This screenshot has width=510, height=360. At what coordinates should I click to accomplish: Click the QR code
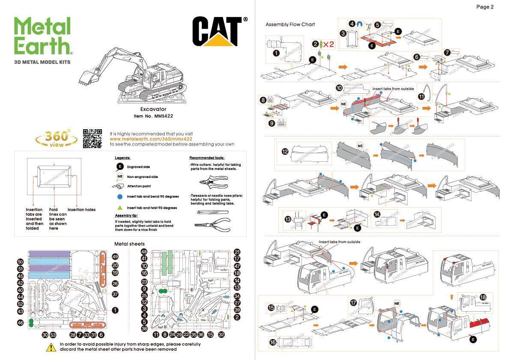pos(92,138)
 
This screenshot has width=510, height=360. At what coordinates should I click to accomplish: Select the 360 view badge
pos(57,138)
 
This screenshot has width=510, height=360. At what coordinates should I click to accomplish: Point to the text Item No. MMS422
pos(153,116)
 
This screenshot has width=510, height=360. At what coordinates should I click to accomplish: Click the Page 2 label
pos(485,7)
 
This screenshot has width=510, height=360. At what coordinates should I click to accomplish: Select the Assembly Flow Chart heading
pos(290,24)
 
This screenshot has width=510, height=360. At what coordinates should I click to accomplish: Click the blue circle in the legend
pos(120,197)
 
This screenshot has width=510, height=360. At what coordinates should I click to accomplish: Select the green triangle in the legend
pos(120,208)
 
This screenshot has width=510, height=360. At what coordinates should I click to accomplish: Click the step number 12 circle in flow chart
pos(285,152)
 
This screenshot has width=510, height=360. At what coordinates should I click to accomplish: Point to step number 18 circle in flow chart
pos(483,297)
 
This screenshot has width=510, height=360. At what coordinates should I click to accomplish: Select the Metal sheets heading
pos(129,244)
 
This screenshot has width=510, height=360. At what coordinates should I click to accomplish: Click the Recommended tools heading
pos(206,158)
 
